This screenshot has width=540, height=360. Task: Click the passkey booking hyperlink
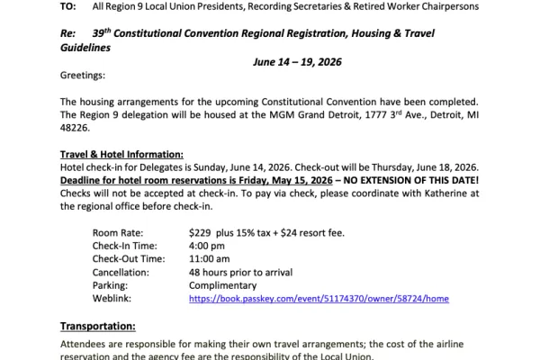[x=319, y=298]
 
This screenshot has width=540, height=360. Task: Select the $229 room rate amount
[x=201, y=233]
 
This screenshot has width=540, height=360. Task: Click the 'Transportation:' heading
[x=97, y=326]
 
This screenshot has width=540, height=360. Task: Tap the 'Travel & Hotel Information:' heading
[x=121, y=153]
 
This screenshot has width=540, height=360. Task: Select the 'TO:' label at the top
[x=69, y=6]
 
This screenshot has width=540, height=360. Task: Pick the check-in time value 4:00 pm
[x=207, y=246]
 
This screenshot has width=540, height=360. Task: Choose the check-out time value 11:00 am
[x=211, y=259]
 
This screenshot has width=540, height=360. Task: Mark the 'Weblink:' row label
[x=114, y=298]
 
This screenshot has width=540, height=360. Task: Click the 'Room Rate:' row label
[x=119, y=233]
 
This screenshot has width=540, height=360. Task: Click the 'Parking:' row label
[x=112, y=285]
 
